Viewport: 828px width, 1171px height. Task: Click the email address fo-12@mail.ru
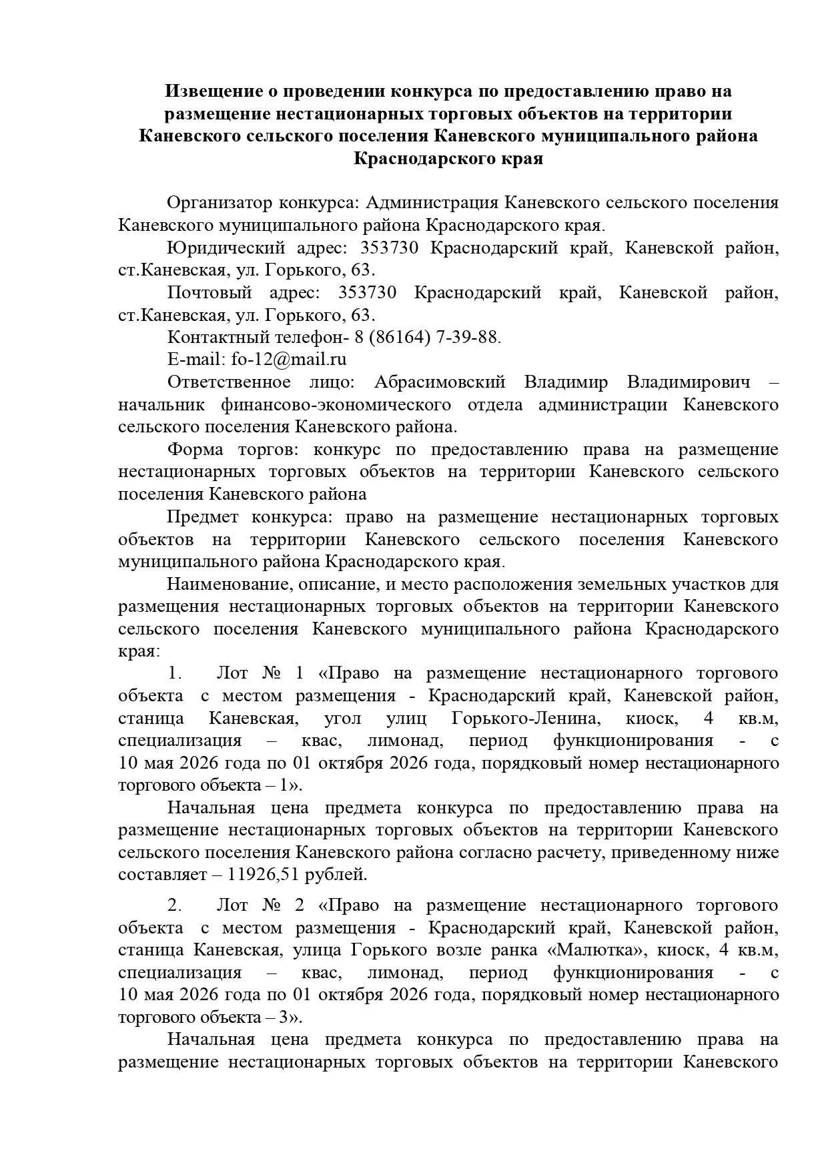click(x=289, y=359)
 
